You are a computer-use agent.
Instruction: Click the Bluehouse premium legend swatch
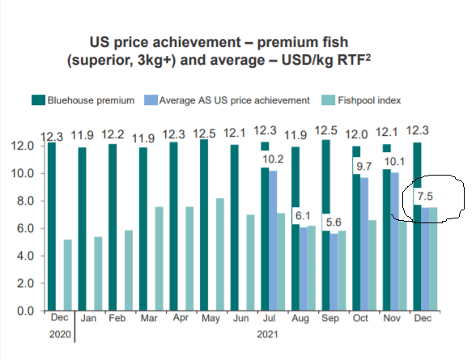tap(38, 100)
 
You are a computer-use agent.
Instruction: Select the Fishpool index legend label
tap(369, 100)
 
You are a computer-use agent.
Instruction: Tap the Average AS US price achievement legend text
tap(235, 100)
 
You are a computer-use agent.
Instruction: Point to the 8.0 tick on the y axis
tap(26, 201)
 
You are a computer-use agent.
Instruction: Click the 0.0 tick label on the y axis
tap(26, 311)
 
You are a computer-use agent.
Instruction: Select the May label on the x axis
tap(210, 318)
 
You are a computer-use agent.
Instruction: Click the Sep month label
tap(330, 318)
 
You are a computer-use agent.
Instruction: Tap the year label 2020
tap(60, 334)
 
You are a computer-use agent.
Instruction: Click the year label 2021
tap(267, 334)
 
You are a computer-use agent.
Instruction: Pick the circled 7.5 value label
tap(425, 197)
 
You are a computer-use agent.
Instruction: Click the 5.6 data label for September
tap(334, 222)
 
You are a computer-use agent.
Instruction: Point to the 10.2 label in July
tap(273, 159)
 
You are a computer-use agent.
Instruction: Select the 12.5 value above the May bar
tap(204, 133)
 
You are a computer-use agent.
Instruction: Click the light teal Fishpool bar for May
tap(220, 254)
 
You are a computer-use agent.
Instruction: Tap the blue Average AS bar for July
tap(273, 240)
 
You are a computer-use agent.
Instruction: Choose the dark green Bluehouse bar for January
tap(82, 229)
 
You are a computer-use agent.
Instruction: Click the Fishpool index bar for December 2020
tap(68, 275)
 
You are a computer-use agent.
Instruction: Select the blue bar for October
tap(364, 244)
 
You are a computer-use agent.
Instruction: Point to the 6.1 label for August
tap(303, 216)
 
